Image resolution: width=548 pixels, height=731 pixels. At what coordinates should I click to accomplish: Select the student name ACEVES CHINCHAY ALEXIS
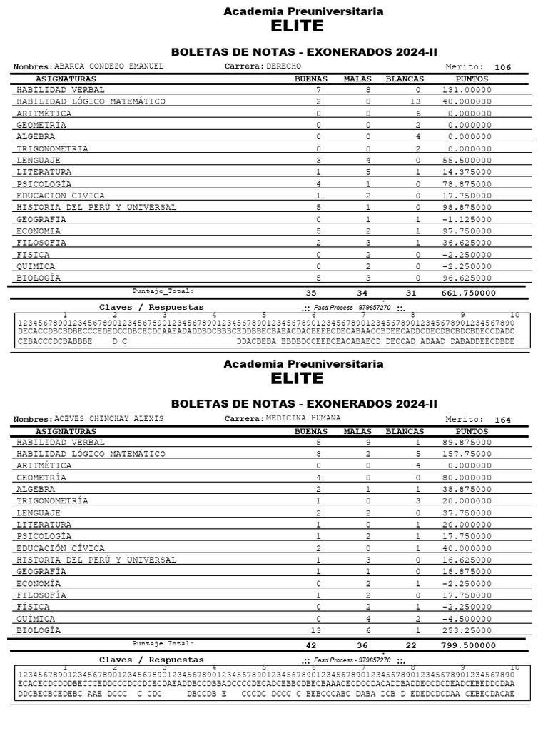pos(108,418)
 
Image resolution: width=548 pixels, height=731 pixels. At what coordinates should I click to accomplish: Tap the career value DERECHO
pos(284,66)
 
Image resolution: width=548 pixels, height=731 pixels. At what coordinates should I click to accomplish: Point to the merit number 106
pos(503,68)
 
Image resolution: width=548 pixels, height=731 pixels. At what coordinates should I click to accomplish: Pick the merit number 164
pos(503,420)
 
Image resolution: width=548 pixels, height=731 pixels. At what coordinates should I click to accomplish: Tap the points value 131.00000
pos(467,90)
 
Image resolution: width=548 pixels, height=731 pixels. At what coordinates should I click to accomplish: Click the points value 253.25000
pos(467,630)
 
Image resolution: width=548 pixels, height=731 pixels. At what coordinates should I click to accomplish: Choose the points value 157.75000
pos(467,454)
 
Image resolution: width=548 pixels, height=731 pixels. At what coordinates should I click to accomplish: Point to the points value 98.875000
pos(467,208)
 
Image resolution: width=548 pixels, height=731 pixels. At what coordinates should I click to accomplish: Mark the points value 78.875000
pos(467,184)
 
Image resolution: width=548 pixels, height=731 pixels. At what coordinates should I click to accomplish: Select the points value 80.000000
pos(467,478)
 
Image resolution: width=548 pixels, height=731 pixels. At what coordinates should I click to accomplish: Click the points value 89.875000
pos(467,443)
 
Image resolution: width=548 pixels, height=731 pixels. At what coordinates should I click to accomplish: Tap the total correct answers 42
pos(310,645)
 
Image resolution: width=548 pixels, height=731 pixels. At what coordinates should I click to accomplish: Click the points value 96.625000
pos(467,278)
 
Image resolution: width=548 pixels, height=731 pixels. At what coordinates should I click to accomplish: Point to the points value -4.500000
pos(467,619)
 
